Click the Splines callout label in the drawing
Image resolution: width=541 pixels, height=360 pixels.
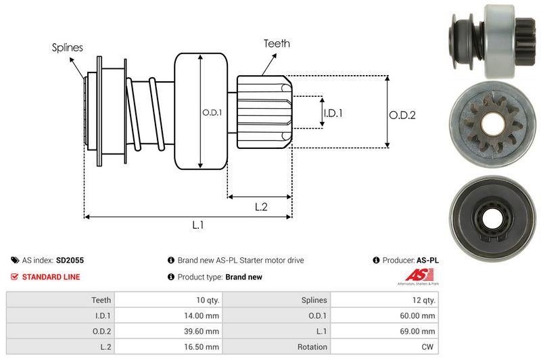(68, 47)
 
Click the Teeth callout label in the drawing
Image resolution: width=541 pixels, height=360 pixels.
(277, 43)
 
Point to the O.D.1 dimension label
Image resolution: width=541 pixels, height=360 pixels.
(212, 113)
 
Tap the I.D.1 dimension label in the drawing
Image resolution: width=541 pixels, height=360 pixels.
(333, 113)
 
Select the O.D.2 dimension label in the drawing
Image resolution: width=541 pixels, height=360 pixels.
(402, 115)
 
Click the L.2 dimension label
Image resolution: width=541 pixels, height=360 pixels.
(262, 207)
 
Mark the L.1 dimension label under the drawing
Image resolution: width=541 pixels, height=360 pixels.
(198, 226)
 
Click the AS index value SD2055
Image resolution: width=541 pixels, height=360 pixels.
(70, 260)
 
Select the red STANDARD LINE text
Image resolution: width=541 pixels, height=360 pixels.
(51, 277)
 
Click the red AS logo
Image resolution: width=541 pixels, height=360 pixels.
(415, 275)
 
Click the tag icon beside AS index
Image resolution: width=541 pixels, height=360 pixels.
(15, 260)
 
